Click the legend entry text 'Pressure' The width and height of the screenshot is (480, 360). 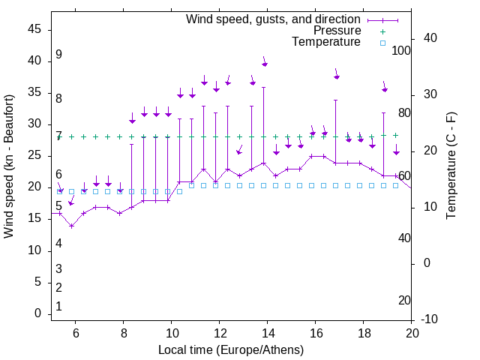point(337,31)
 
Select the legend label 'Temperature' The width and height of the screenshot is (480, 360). point(326,42)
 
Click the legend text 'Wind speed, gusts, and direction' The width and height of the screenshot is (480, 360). point(274,19)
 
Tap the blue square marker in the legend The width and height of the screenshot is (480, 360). point(382,43)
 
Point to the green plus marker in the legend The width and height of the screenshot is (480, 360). point(382,31)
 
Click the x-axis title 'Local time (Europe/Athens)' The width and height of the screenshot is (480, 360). point(231,349)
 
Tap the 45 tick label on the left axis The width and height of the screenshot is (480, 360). point(34,29)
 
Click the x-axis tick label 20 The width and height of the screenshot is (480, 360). point(412,333)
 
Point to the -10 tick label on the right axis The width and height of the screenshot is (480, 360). point(431,319)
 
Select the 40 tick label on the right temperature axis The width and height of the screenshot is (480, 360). point(431,38)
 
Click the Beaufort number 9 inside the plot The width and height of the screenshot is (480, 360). point(58,55)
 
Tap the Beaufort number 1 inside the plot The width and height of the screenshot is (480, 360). point(58,307)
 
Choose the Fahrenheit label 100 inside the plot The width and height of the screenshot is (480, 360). point(401,50)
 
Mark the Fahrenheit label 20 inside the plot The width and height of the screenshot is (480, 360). point(404,301)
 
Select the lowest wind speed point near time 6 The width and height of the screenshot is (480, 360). point(72,226)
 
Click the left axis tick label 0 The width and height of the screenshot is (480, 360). point(37,314)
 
